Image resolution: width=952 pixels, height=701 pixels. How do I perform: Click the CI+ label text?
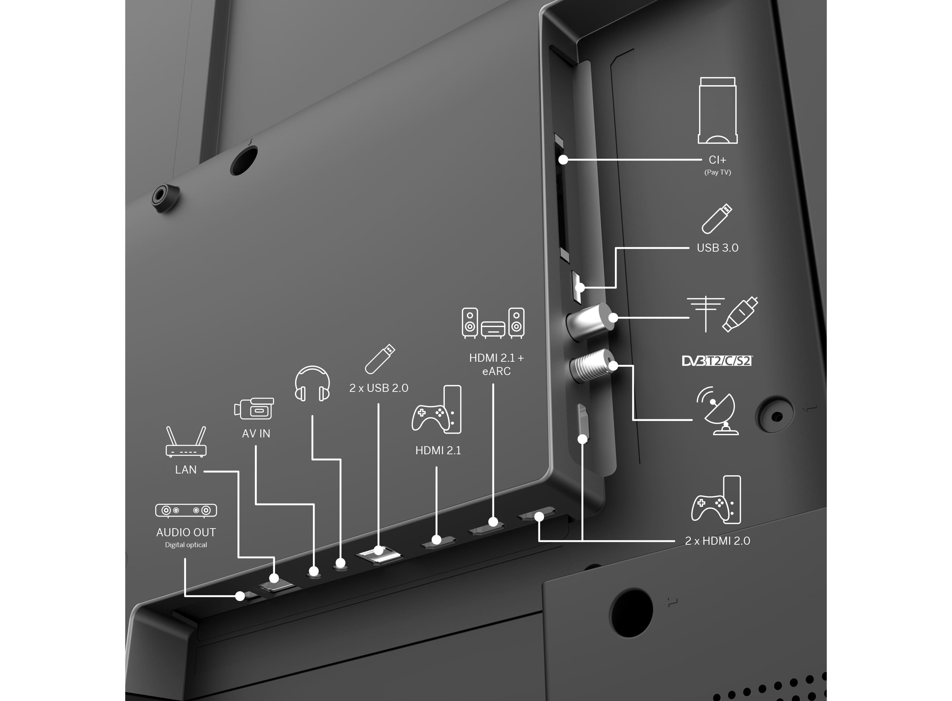coord(717,160)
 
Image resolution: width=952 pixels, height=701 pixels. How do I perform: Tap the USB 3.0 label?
coord(717,248)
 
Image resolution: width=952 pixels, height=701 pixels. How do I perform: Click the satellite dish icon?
coord(718,410)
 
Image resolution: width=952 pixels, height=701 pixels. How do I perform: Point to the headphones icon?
coord(312,383)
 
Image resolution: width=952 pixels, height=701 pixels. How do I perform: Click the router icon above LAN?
coord(186,442)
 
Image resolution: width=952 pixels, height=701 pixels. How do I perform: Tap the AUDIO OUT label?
coord(186,532)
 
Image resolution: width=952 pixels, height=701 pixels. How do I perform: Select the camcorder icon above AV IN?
coord(254,408)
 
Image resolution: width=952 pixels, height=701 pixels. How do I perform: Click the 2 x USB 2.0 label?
coord(379,388)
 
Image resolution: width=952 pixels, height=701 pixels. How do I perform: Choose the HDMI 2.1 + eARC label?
coord(496,365)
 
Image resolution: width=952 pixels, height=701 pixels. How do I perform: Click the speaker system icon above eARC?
coord(493,323)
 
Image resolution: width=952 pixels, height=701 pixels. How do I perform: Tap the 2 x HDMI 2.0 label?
coord(717,541)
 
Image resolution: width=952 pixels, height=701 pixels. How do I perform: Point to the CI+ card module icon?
coord(718,110)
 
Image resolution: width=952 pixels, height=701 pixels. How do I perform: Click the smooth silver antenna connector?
coord(590,322)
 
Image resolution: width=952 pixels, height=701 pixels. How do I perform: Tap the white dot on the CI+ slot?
coord(563,160)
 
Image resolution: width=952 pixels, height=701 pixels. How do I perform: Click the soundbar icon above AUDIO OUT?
coord(186,510)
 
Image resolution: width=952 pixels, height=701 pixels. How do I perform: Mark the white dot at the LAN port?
coord(274,578)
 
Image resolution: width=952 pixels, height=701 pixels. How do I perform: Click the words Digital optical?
coord(186,545)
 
